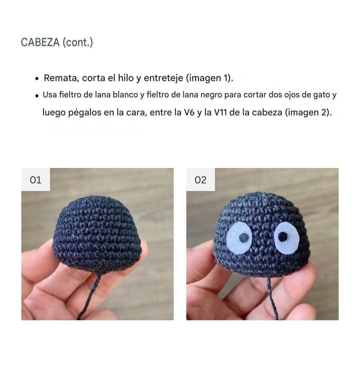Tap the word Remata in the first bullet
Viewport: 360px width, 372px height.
coord(61,78)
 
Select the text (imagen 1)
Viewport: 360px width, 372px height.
coord(209,78)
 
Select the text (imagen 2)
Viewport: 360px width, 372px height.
coord(308,113)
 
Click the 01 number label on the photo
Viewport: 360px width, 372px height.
coord(35,180)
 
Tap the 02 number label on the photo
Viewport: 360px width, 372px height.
coord(200,180)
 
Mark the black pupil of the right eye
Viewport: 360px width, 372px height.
coord(283,236)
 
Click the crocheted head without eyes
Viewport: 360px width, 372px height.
coord(97,233)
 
